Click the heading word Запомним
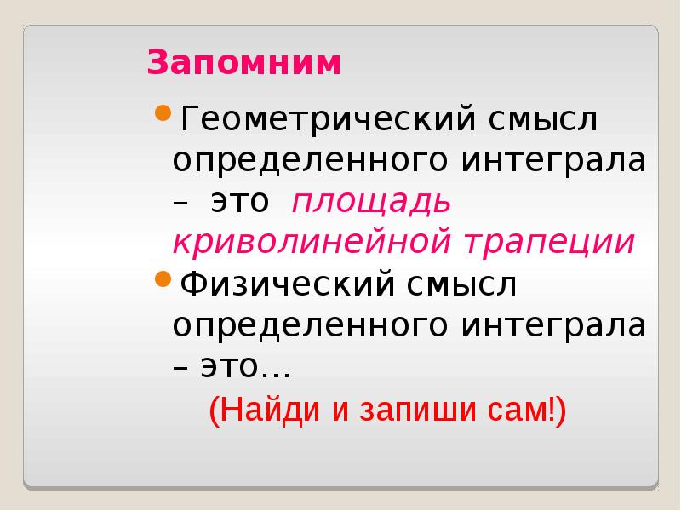(x=243, y=64)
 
